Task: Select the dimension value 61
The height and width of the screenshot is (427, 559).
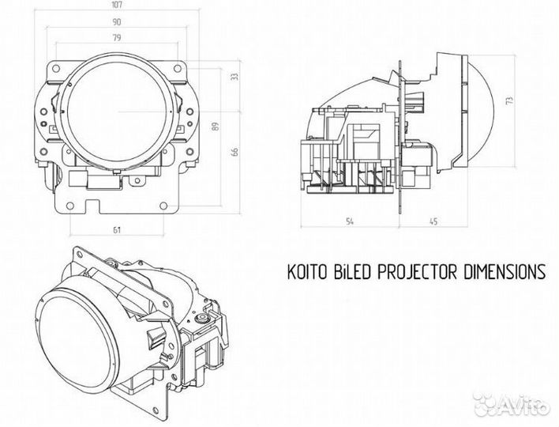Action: point(117,229)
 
